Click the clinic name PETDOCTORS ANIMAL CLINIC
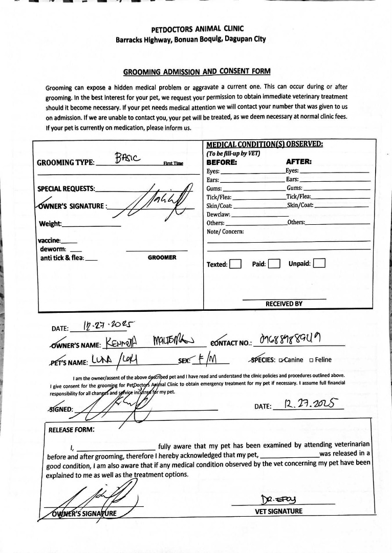pos(197,29)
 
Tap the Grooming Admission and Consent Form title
pos(197,72)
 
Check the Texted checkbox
pos(235,264)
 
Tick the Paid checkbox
pos(274,264)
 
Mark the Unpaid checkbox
pos(319,264)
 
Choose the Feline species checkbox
pos(312,360)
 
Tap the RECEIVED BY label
pos(284,304)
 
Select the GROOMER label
pos(162,258)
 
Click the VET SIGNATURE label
pos(278,511)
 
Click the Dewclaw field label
pos(219,215)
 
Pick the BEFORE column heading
pos(222,162)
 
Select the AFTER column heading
pos(299,162)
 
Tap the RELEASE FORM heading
pos(71,430)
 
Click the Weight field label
pos(50,224)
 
